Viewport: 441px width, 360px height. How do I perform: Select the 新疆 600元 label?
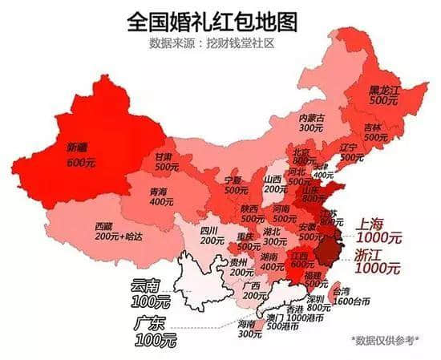click(x=80, y=155)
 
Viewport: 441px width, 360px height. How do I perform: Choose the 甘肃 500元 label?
click(x=167, y=163)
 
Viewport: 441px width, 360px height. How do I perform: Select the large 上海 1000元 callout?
click(x=378, y=231)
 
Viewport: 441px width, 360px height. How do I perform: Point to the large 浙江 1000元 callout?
click(x=377, y=263)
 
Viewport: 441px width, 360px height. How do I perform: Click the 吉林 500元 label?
click(x=373, y=132)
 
